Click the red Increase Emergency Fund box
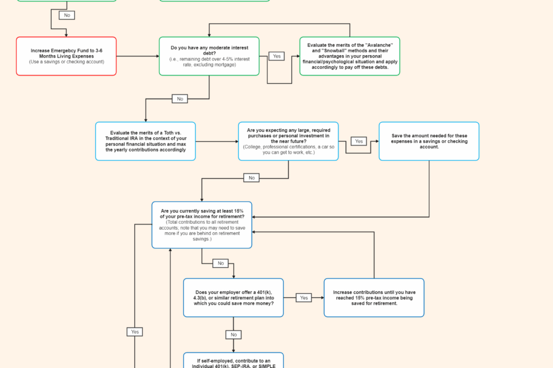(x=66, y=56)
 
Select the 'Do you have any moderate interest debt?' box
(x=209, y=56)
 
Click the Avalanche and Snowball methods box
(x=350, y=56)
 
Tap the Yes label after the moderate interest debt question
(x=276, y=56)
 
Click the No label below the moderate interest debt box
(x=180, y=99)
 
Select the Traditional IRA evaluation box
(x=145, y=141)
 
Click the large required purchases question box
(x=288, y=141)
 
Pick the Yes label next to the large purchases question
(x=359, y=141)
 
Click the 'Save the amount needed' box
(x=429, y=141)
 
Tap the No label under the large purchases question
(x=252, y=177)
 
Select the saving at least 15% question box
(x=202, y=225)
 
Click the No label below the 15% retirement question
(x=221, y=263)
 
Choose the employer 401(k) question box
(x=233, y=297)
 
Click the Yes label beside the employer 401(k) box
(x=304, y=297)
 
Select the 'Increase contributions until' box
(x=373, y=297)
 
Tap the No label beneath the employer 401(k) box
(x=233, y=335)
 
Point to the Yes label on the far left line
(x=135, y=332)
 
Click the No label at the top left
(x=67, y=15)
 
